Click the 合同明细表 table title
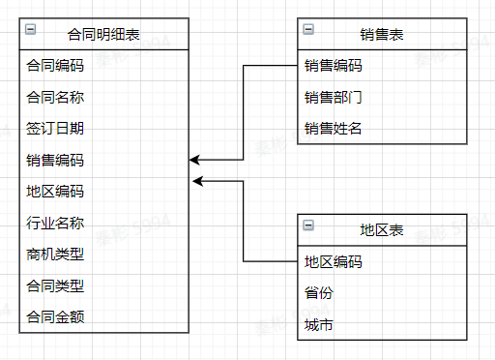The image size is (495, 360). coord(103,35)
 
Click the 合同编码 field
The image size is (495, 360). coord(55,67)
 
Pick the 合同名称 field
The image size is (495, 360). coord(55,98)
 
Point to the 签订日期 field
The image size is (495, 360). coord(55,129)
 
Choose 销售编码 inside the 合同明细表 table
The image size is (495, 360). coord(55,161)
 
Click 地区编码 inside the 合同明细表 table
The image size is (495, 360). coord(55,192)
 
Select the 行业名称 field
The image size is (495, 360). coord(55,224)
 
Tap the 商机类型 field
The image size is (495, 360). coord(55,255)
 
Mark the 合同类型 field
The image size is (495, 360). coord(55,285)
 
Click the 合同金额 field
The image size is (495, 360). coord(55,316)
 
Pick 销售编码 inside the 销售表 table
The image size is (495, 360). coord(333,67)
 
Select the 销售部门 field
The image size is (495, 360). coord(333,98)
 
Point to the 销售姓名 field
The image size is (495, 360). coord(333,129)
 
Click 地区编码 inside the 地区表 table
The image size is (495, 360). coord(333,261)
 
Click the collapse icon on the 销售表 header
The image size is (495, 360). coord(307,30)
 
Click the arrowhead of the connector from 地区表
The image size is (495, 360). coord(196,181)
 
